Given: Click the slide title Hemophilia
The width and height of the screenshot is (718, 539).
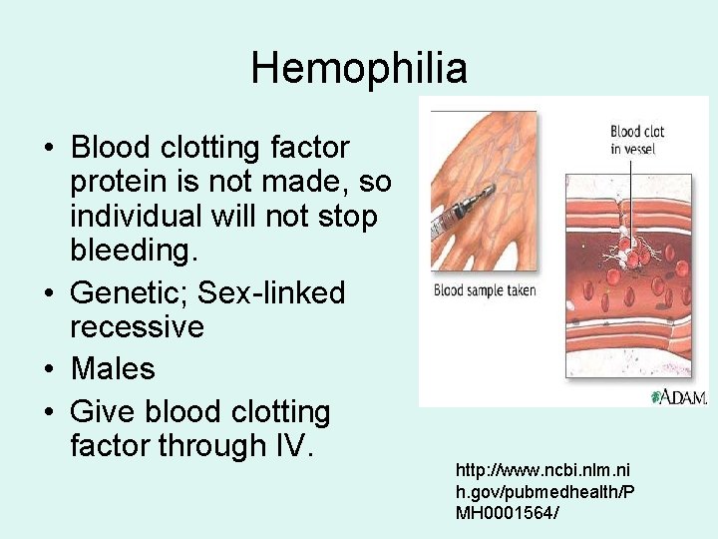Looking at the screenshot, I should (359, 68).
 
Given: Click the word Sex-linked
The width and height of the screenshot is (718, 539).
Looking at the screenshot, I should (271, 293).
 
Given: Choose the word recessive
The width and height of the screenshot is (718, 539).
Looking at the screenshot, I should (137, 327).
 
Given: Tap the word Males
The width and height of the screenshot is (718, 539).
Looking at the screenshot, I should (113, 369).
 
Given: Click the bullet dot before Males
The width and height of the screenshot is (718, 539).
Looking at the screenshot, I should (48, 370).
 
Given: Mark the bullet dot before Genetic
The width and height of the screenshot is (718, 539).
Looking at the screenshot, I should (48, 294).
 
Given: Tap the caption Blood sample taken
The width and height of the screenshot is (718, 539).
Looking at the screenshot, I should (485, 291).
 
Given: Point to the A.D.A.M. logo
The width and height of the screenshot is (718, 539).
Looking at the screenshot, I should (678, 396).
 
